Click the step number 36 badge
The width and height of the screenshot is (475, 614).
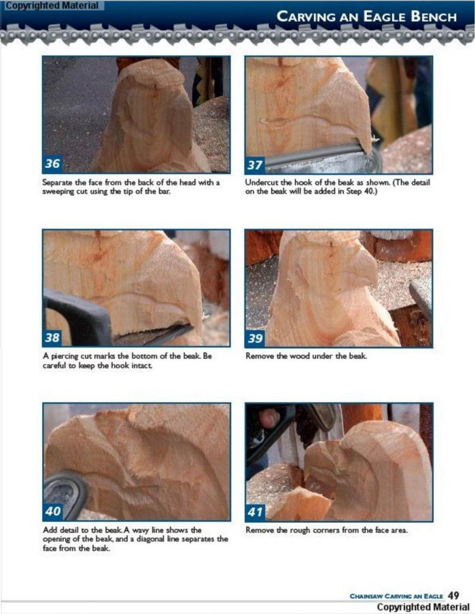53,163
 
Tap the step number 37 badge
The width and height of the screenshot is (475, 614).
255,164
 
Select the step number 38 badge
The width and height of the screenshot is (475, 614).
53,337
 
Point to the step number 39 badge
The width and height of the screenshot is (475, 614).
255,338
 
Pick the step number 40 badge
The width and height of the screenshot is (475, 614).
53,511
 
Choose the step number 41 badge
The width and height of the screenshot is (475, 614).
255,512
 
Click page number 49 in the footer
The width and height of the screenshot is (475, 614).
453,595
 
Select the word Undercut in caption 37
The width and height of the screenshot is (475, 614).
261,182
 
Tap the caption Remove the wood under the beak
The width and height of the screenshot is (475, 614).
306,356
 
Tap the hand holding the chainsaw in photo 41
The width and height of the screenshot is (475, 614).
270,419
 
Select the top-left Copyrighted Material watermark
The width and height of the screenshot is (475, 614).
51,5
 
